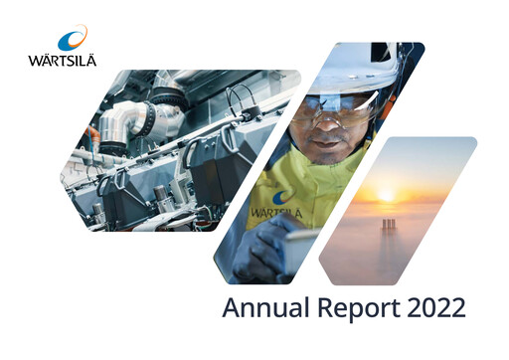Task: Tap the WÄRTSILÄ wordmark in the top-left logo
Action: [x=64, y=59]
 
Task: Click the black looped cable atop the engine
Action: [x=239, y=98]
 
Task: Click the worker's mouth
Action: [x=326, y=142]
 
